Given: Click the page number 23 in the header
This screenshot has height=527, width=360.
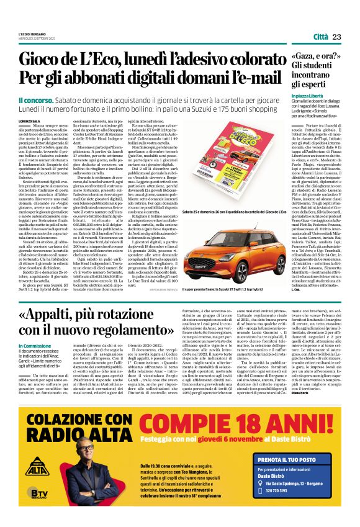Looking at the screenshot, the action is [x=337, y=37].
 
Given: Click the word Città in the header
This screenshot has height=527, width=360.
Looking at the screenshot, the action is [x=321, y=37].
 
